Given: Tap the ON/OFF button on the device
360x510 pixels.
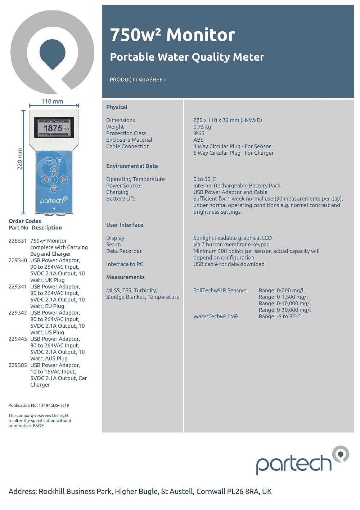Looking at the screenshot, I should pyautogui.click(x=59, y=161).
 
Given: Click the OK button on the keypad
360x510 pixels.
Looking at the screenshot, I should pyautogui.click(x=54, y=179).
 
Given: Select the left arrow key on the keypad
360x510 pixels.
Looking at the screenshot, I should pyautogui.click(x=44, y=179).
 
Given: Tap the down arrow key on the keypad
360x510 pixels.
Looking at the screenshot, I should pyautogui.click(x=54, y=189).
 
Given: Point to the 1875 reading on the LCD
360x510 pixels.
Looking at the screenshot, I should pyautogui.click(x=53, y=128).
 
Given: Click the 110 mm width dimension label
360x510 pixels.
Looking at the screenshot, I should pyautogui.click(x=52, y=101).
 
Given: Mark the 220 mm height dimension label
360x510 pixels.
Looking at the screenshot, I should pyautogui.click(x=20, y=159).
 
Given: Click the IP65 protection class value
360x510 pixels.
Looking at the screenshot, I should pyautogui.click(x=199, y=133).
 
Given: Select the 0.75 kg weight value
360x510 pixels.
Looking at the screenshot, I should pyautogui.click(x=202, y=127).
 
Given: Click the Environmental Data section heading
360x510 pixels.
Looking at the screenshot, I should pyautogui.click(x=132, y=166).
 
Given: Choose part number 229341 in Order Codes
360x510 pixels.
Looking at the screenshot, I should pyautogui.click(x=18, y=287).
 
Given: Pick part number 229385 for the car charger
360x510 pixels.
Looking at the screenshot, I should pyautogui.click(x=18, y=365).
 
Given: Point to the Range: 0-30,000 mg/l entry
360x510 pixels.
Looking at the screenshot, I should pyautogui.click(x=284, y=310).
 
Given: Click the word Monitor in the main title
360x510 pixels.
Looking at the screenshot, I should pyautogui.click(x=201, y=35).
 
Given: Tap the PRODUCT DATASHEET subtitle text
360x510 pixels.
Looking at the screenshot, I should pyautogui.click(x=138, y=79).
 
